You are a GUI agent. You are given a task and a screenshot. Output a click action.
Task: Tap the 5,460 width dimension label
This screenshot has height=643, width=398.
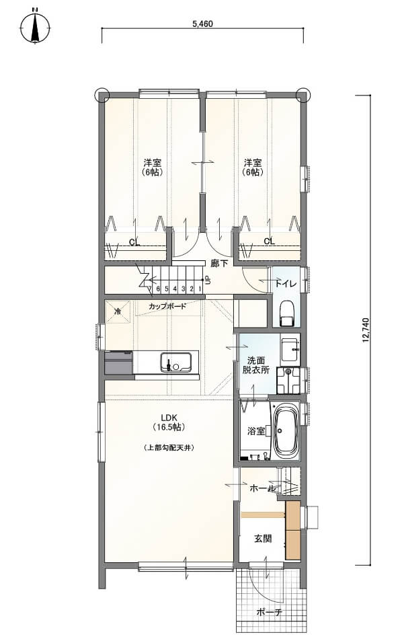pyautogui.click(x=202, y=24)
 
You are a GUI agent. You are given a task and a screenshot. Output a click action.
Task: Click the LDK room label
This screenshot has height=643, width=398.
pyautogui.click(x=169, y=418)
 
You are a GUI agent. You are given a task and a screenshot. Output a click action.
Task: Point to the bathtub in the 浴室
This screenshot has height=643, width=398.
pyautogui.click(x=284, y=431)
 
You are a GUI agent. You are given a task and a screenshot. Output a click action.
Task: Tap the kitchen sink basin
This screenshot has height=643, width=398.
pyautogui.click(x=177, y=362)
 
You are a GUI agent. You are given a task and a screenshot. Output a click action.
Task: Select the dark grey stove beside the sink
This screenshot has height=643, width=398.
pyautogui.click(x=119, y=362)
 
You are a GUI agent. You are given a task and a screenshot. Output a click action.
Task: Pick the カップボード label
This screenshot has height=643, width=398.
pyautogui.click(x=167, y=306)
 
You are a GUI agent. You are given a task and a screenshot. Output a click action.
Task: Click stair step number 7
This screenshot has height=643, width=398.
pyautogui.click(x=151, y=289)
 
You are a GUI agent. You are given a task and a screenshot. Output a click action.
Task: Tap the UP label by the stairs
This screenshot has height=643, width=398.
pyautogui.click(x=207, y=281)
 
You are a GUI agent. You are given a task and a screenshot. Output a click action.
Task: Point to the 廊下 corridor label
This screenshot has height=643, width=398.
pyautogui.click(x=219, y=264)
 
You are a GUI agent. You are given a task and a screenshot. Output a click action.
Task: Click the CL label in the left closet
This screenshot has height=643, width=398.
pyautogui.click(x=134, y=242)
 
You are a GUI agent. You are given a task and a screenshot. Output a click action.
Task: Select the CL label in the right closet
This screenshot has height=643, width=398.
pyautogui.click(x=270, y=241)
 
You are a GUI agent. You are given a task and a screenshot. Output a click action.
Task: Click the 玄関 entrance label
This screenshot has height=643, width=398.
pyautogui.click(x=262, y=539)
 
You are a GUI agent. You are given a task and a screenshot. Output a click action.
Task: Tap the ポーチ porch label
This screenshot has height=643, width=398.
pyautogui.click(x=270, y=613)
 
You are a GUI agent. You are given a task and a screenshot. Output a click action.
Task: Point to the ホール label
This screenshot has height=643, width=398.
pyautogui.click(x=262, y=488)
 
